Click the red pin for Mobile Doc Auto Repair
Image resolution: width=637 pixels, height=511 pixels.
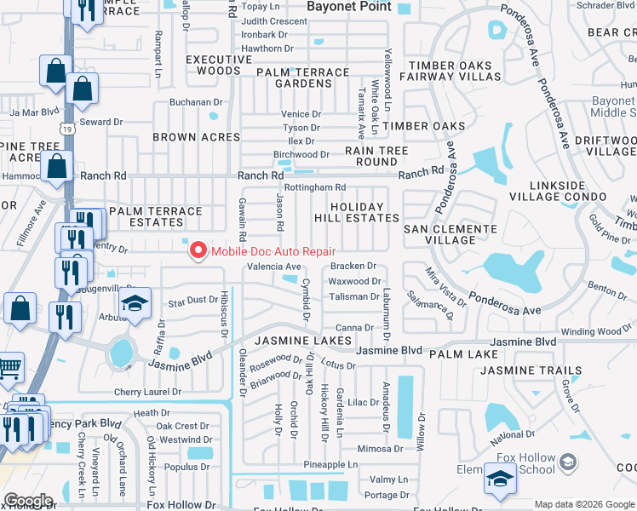[x=198, y=250]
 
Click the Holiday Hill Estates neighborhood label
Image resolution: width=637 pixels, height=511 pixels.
[x=364, y=212]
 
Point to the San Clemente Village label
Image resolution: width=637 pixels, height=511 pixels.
[x=450, y=235]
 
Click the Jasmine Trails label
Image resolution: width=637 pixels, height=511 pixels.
[x=531, y=371]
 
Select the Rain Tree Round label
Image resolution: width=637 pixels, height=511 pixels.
[x=376, y=156]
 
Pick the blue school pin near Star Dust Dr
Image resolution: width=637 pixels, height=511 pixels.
[x=134, y=305]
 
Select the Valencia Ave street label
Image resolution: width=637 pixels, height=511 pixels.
[x=274, y=267]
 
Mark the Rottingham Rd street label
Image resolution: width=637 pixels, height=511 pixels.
[x=315, y=187]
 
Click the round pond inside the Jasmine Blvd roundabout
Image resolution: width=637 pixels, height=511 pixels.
[x=122, y=350]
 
